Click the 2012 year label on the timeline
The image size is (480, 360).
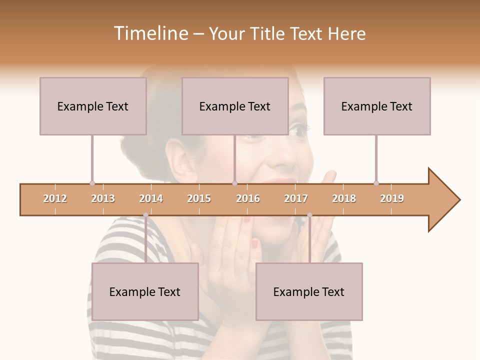tap(55, 198)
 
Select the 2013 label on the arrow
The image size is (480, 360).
tap(103, 198)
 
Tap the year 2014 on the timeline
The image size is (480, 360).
tap(151, 198)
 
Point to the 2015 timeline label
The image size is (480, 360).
tap(199, 198)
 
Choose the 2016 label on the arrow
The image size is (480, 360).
tap(248, 198)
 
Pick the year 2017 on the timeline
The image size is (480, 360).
tap(296, 198)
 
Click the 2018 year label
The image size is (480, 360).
tap(344, 198)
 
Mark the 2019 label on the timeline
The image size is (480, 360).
tap(392, 198)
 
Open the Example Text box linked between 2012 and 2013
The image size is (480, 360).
tap(93, 106)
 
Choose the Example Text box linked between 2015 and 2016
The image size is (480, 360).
tap(235, 106)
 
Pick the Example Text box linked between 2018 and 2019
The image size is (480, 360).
tap(377, 106)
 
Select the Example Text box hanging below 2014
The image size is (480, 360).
tap(145, 291)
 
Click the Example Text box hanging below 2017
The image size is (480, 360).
tap(309, 291)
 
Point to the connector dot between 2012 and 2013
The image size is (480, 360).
tap(92, 183)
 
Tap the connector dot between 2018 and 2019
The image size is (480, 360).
tap(376, 183)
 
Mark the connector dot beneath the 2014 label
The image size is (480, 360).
tap(145, 215)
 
